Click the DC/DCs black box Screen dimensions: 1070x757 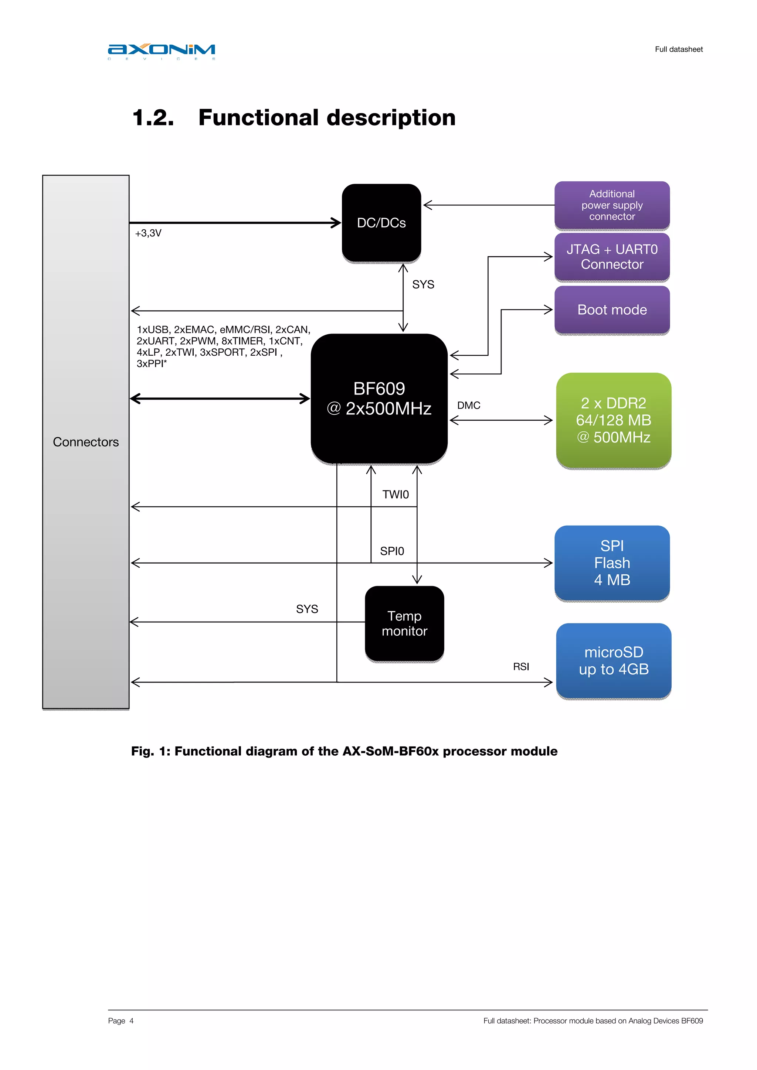pos(381,223)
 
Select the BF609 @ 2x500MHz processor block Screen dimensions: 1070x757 pos(379,399)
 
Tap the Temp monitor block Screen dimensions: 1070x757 pos(404,623)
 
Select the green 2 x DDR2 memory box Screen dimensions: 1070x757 pos(613,420)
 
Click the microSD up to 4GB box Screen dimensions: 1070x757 pos(613,660)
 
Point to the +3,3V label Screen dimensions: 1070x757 pos(148,233)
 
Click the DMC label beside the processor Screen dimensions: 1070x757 pos(468,406)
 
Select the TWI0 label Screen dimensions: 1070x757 pos(395,495)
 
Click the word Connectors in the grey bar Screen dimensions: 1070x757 pos(86,442)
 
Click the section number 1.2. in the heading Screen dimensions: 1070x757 pos(153,117)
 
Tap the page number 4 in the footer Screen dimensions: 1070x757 pos(132,1021)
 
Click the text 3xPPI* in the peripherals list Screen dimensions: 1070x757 pos(152,363)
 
